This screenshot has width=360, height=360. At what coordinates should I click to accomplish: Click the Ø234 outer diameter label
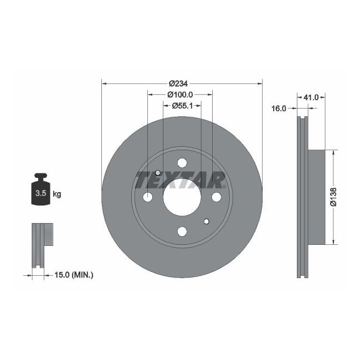[179, 84]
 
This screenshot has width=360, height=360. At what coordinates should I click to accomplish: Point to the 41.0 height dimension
[311, 97]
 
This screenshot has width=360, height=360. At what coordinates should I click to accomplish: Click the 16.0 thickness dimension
[279, 109]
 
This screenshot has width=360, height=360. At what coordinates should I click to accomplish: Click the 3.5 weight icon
[40, 190]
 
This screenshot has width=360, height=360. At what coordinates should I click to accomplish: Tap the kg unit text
[56, 194]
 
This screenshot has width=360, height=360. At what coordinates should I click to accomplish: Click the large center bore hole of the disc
[182, 197]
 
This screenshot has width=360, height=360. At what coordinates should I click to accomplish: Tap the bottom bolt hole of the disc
[182, 232]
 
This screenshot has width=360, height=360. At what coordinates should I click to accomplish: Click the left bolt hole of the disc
[148, 197]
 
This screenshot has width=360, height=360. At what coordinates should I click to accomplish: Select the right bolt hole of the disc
[216, 197]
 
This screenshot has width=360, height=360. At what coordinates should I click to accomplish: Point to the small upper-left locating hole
[158, 173]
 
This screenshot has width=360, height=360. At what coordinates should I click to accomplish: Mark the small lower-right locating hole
[206, 222]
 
